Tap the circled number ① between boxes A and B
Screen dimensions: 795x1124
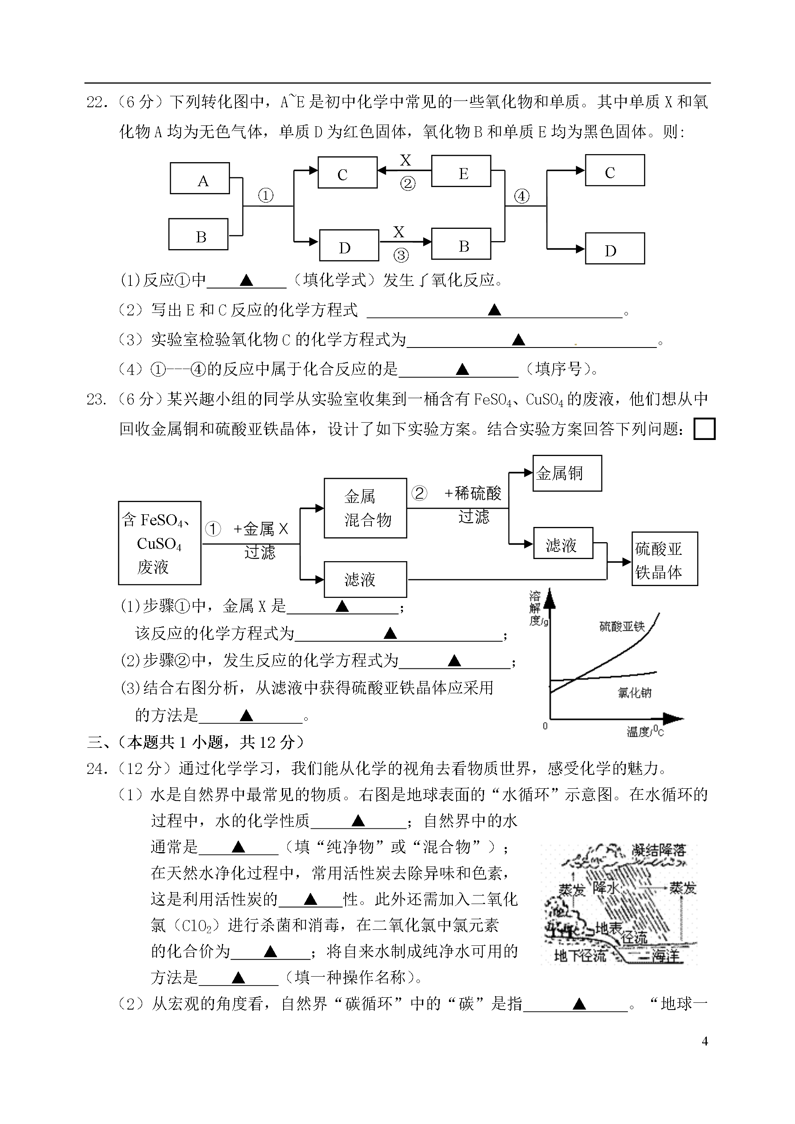pos(265,196)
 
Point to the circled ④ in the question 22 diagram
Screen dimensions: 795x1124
pos(522,196)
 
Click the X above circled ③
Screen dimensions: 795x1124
pos(399,232)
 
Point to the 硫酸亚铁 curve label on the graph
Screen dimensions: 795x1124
pos(622,627)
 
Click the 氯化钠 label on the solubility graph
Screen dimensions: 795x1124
pos(634,692)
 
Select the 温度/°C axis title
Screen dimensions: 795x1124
pos(645,731)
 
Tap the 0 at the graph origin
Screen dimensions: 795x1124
pos(545,726)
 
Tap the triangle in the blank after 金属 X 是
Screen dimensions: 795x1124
pos(342,606)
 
